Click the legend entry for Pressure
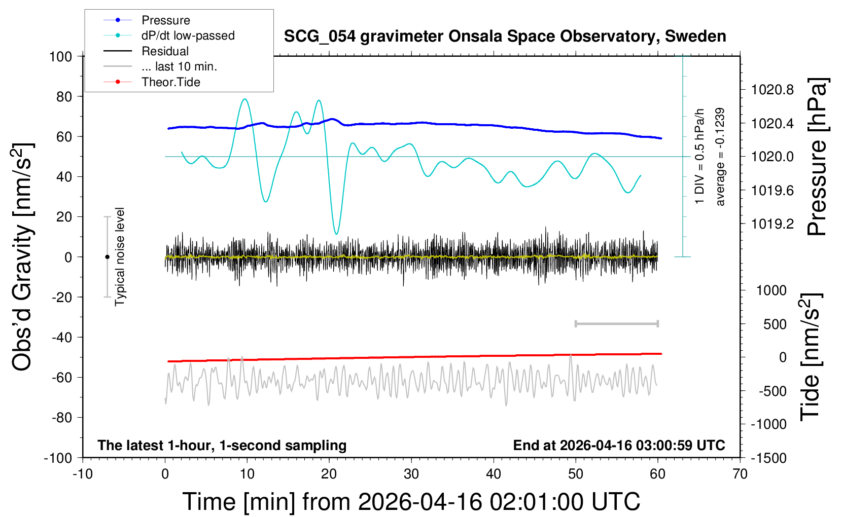tap(165, 20)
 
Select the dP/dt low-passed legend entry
tap(188, 35)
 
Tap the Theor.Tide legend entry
tap(170, 82)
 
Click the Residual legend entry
tap(165, 51)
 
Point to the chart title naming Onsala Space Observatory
tap(505, 36)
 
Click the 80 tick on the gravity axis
tap(64, 96)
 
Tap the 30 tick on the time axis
tap(411, 474)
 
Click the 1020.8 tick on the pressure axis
tap(773, 90)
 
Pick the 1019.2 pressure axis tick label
tap(773, 224)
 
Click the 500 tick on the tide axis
tap(775, 324)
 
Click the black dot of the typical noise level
tap(107, 257)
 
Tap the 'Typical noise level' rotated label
tap(120, 256)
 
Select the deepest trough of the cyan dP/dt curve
tap(336, 234)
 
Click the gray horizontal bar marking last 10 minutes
tap(616, 323)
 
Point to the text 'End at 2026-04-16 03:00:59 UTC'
tap(619, 446)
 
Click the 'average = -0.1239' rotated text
tap(720, 157)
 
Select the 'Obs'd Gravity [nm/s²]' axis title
tap(23, 256)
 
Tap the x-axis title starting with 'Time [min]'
tap(411, 502)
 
